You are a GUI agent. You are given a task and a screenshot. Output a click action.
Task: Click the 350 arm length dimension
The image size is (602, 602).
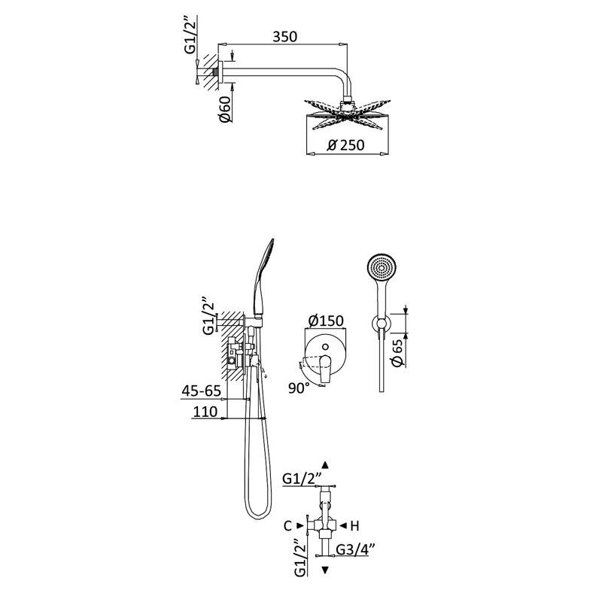(285, 36)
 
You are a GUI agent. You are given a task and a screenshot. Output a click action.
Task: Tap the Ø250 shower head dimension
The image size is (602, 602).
(345, 145)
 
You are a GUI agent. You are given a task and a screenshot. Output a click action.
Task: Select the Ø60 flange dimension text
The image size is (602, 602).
(225, 109)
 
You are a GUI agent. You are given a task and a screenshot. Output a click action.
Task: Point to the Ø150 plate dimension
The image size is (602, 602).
(326, 321)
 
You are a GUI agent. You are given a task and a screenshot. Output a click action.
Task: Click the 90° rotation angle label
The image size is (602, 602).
(299, 388)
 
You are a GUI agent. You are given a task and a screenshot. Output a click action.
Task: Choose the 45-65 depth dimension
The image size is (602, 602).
(201, 391)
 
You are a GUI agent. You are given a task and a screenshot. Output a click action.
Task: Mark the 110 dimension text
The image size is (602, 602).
(205, 412)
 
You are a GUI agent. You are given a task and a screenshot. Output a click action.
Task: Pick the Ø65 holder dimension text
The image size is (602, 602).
(397, 352)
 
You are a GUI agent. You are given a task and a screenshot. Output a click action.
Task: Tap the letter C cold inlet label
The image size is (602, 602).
(288, 525)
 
